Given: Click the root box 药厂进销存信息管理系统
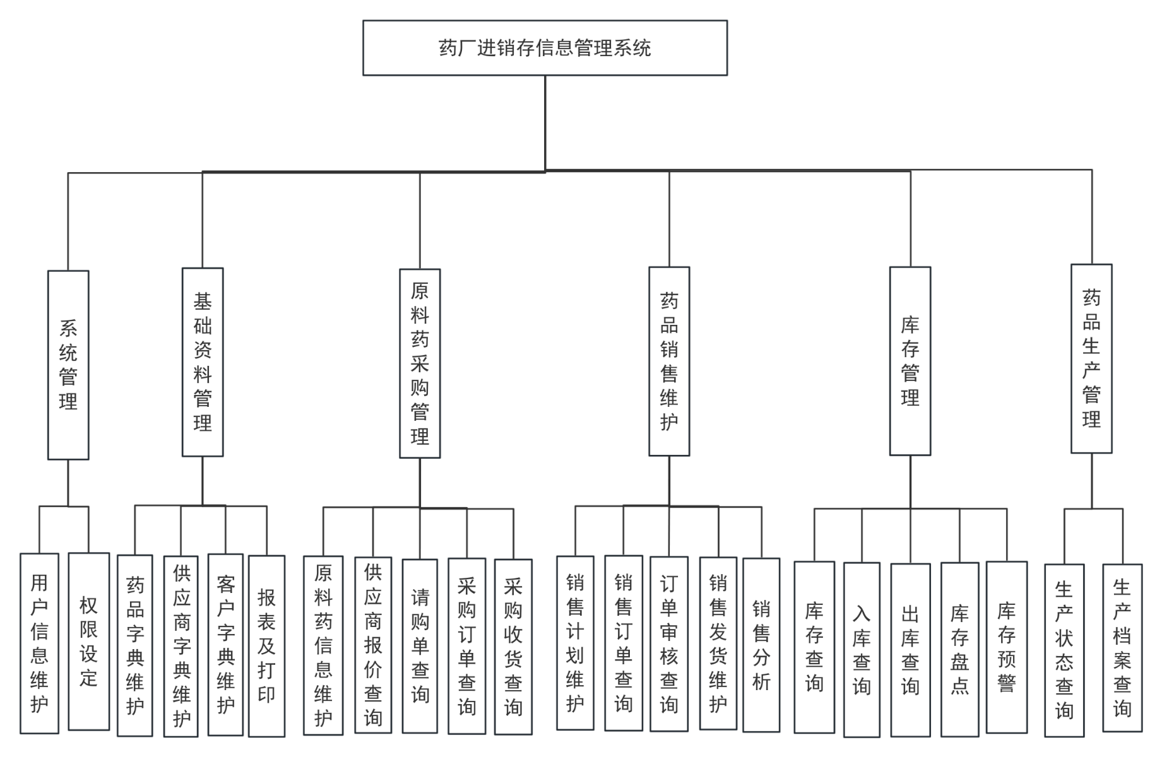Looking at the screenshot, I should pos(545,48).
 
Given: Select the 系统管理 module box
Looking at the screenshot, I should pos(68,365).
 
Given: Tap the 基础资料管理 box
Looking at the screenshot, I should pos(202,362).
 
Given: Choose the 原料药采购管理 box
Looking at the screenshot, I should pos(420,363).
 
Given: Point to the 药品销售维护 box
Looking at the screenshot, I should pos(669,361).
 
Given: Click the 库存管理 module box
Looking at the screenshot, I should pos(910,361).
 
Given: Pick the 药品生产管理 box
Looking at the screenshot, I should pos(1091,358).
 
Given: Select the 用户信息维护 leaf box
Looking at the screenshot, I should pos(39,643).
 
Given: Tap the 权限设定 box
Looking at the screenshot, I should pos(88,642).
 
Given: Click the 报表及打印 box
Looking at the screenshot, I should pos(266,646).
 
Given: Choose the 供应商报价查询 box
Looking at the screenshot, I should pos(372,645).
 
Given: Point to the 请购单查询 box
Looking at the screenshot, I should pos(420,646).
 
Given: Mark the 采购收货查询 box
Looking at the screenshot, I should pos(513,647).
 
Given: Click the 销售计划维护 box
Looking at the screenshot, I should pos(574,643).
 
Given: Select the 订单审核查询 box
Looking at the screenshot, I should pos(668,643).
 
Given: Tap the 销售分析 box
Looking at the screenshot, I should pos(761,645).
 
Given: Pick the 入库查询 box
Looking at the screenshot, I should pos(862,650).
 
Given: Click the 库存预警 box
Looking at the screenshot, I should pos(1006,647).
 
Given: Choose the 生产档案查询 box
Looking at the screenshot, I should pos(1122,648).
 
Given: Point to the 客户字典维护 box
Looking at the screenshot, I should pos(225,645).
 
